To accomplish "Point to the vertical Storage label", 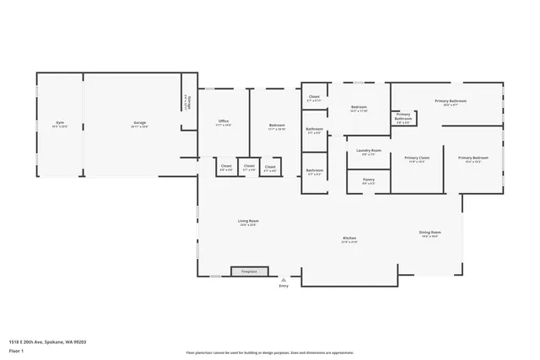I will coord(186,101).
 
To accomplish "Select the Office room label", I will coord(224,123).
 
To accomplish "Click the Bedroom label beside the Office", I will coord(276,127).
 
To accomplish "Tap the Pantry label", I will coord(369,180).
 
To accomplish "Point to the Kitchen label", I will coord(349,240).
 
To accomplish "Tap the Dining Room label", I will coord(429,234).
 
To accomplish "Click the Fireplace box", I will coord(249,271).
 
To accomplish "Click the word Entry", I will coord(283,287).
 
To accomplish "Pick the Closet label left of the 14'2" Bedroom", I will coord(313,99).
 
